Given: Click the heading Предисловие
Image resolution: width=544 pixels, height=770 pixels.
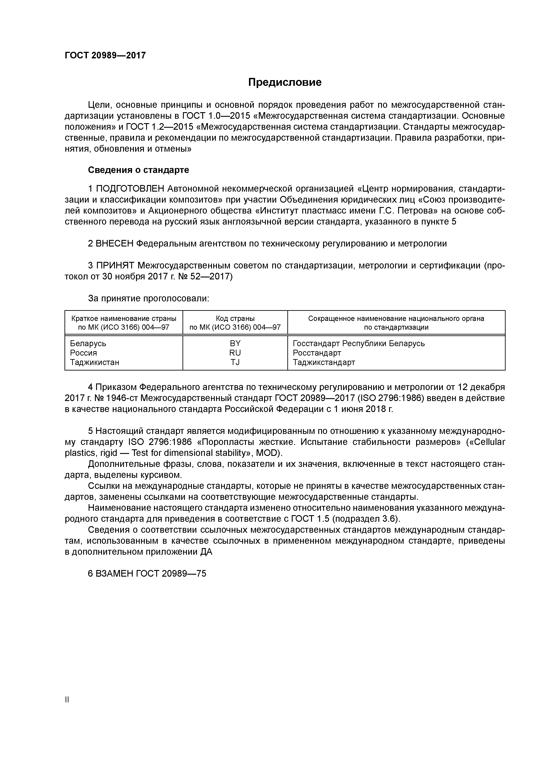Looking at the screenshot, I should point(285,82).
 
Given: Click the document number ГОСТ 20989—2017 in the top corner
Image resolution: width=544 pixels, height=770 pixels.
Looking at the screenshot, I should point(105,55).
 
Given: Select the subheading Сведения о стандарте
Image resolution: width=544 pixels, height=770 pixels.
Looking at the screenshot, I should point(138,170).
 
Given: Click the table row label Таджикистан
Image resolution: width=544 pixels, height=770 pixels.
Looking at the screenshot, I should point(95,362).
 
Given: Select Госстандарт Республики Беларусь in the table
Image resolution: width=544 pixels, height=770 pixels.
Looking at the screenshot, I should point(359,344).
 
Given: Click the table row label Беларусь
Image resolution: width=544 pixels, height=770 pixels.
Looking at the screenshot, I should point(88,344).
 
